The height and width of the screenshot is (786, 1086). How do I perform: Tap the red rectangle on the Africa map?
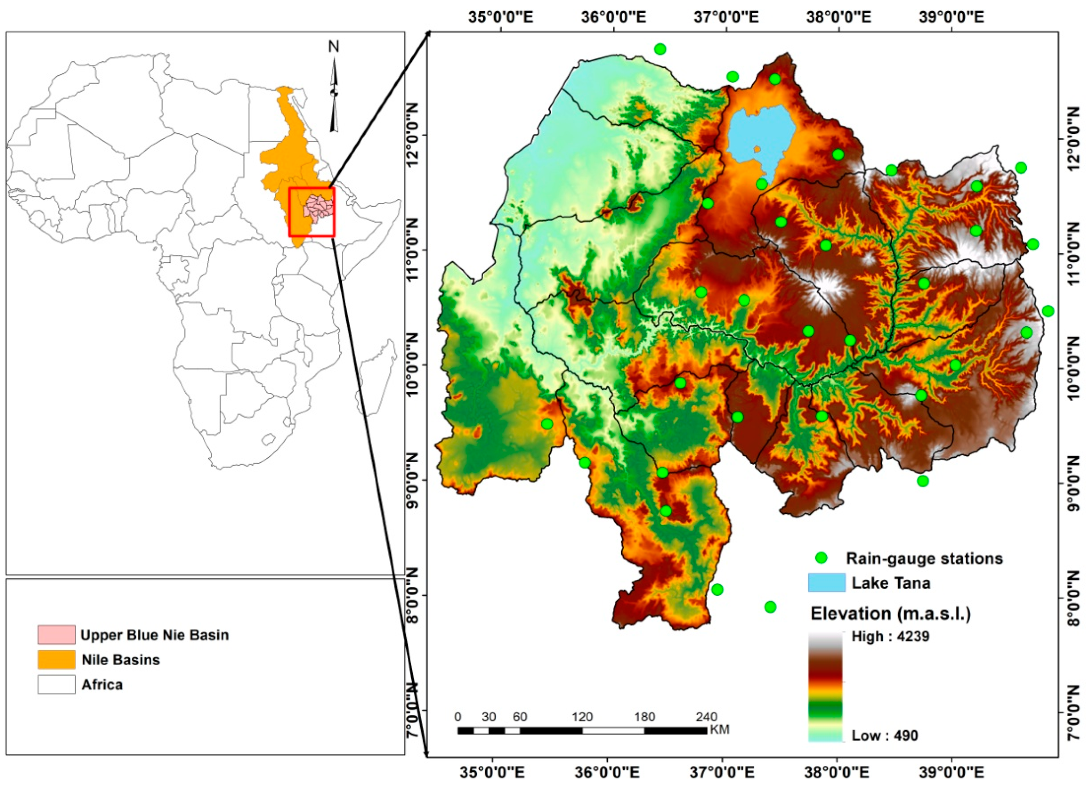[312, 212]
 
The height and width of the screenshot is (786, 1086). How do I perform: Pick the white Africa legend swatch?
[56, 685]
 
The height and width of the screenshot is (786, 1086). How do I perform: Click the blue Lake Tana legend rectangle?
[826, 582]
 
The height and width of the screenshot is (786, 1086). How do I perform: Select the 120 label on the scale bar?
[582, 717]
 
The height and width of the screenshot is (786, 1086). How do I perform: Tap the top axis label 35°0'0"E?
[501, 17]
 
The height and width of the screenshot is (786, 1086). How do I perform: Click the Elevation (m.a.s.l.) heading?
[890, 614]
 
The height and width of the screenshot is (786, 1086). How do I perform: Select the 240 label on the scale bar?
[707, 717]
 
